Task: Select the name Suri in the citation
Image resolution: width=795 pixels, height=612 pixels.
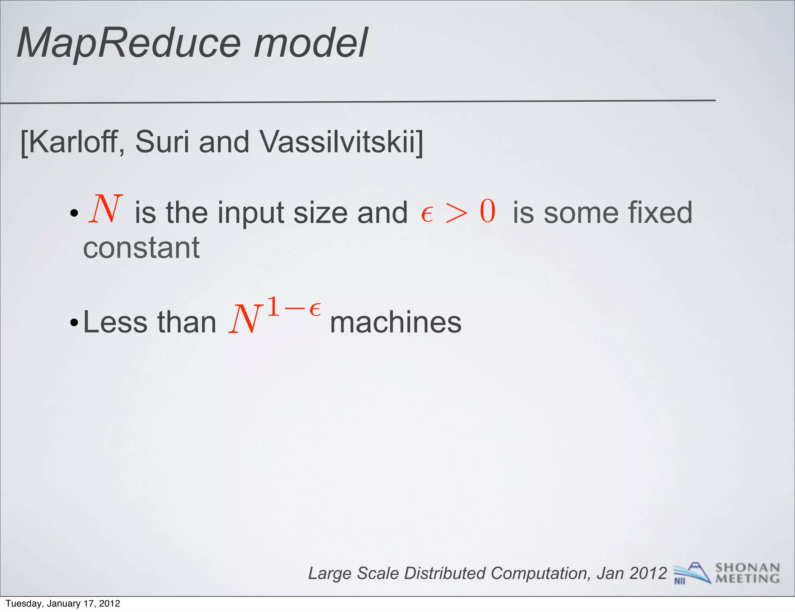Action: (x=163, y=142)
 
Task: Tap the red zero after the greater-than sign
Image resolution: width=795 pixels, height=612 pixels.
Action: (x=488, y=211)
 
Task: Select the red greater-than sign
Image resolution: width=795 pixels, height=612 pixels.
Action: (x=457, y=213)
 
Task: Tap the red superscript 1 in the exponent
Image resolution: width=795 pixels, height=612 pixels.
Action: (x=273, y=307)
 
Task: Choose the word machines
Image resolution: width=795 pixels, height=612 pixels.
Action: (x=396, y=322)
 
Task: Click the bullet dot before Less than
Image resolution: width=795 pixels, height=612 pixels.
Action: (x=74, y=323)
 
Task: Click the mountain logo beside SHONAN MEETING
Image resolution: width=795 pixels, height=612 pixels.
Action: (x=693, y=572)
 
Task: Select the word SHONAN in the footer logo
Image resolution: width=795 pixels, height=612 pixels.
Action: (x=747, y=568)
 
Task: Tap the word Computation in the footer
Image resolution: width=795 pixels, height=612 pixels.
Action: (x=540, y=574)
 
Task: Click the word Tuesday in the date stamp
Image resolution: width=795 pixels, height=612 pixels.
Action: (x=23, y=603)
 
